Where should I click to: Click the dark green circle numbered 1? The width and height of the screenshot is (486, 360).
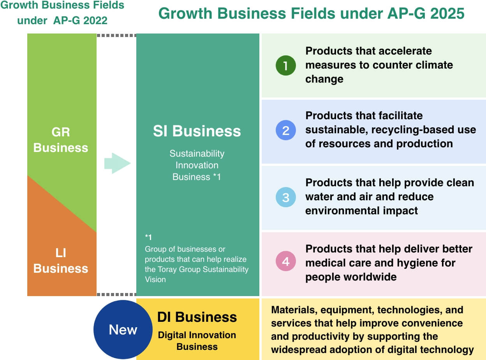click(x=285, y=65)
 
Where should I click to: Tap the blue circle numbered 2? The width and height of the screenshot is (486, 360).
click(x=285, y=130)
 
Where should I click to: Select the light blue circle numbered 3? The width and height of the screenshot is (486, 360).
click(x=285, y=197)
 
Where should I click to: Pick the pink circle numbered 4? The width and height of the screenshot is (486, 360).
click(x=285, y=261)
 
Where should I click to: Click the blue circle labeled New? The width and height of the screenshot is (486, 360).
click(x=123, y=330)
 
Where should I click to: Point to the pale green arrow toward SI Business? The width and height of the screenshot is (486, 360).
click(x=117, y=163)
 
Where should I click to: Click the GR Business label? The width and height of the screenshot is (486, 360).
click(x=61, y=140)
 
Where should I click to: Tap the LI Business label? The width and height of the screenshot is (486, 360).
click(x=61, y=261)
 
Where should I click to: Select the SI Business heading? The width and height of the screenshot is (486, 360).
click(x=197, y=131)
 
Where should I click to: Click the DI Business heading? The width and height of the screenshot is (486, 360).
click(x=197, y=317)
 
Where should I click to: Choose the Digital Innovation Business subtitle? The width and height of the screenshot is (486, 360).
click(x=197, y=341)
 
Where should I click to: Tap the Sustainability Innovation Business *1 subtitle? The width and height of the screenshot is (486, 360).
click(x=197, y=165)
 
